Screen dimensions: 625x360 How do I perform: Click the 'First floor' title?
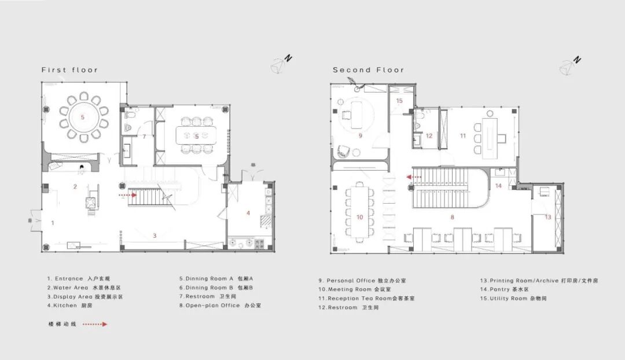click(70, 70)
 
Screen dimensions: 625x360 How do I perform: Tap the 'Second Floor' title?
click(369, 70)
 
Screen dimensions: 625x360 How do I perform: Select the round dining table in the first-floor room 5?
click(83, 117)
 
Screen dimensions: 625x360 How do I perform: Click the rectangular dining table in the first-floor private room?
click(196, 135)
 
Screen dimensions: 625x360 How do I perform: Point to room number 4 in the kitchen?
click(248, 213)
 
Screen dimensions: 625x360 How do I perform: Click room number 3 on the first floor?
click(155, 236)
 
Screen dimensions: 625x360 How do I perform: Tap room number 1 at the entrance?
click(53, 223)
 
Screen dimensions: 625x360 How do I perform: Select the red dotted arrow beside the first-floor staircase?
click(128, 195)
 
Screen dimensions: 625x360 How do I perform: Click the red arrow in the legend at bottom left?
click(95, 324)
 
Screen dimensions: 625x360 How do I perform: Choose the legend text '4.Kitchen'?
click(62, 306)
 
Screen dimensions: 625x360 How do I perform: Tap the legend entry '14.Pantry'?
click(495, 289)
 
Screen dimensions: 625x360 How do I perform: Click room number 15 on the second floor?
click(399, 101)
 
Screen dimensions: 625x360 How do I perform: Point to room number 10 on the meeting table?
click(359, 217)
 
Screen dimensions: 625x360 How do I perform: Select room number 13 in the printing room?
click(547, 217)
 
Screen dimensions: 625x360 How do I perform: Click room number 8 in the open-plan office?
click(452, 217)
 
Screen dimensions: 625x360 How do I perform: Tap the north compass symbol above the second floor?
click(570, 66)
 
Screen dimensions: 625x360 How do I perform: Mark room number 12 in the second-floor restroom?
click(429, 135)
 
